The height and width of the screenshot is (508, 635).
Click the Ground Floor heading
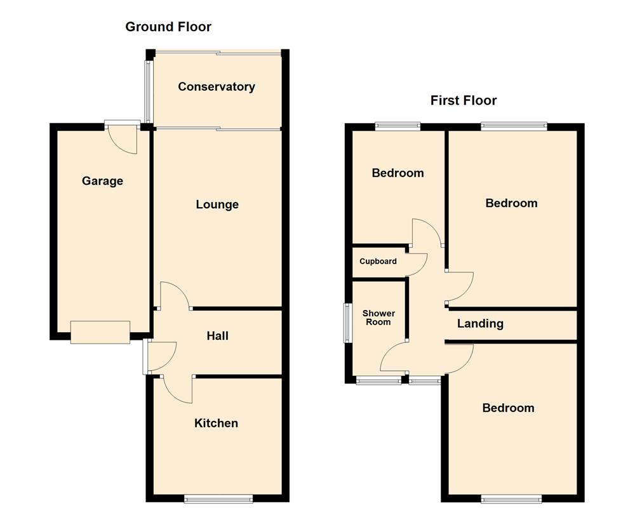click(x=168, y=27)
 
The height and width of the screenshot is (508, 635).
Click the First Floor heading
click(x=464, y=100)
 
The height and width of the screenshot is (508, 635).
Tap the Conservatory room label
click(x=217, y=87)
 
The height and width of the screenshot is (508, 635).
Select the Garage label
click(x=102, y=181)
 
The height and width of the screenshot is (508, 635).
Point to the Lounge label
click(x=217, y=204)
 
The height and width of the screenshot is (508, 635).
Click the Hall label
click(x=217, y=336)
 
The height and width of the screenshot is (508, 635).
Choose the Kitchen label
click(x=217, y=423)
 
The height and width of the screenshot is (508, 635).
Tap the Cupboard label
click(x=378, y=261)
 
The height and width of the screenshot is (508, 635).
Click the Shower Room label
click(x=378, y=317)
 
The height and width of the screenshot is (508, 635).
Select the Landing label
click(x=481, y=323)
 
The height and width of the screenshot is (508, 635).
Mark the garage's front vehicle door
click(x=100, y=332)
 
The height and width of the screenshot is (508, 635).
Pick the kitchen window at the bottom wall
click(x=218, y=498)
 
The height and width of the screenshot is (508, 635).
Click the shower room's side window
click(x=347, y=323)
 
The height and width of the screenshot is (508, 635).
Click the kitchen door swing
click(x=178, y=389)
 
